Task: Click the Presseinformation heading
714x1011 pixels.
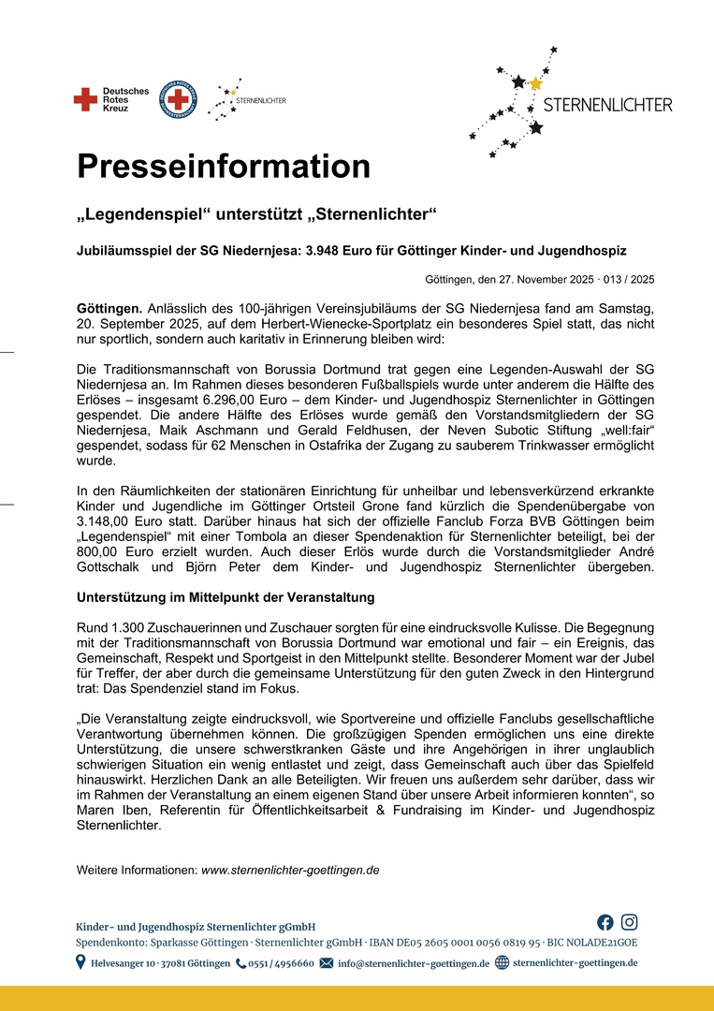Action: pyautogui.click(x=223, y=167)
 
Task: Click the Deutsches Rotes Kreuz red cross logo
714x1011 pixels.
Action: pyautogui.click(x=85, y=98)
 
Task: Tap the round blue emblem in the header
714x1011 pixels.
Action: pyautogui.click(x=178, y=98)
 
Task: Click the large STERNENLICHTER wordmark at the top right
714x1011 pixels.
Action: pyautogui.click(x=607, y=105)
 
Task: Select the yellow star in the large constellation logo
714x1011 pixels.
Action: pyautogui.click(x=535, y=83)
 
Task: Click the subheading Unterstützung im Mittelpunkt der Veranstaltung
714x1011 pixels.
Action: pyautogui.click(x=226, y=597)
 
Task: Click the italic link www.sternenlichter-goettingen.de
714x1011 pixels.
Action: pyautogui.click(x=290, y=870)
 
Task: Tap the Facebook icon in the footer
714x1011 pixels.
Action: pyautogui.click(x=605, y=922)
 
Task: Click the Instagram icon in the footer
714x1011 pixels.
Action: pyautogui.click(x=630, y=922)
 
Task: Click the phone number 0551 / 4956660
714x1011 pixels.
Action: pyautogui.click(x=281, y=963)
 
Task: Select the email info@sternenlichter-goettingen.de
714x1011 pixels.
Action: pyautogui.click(x=413, y=963)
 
